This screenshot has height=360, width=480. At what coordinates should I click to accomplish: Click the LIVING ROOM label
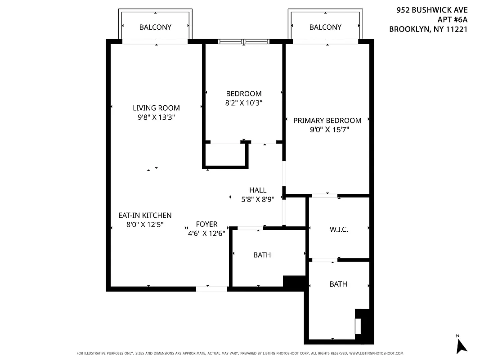point(156,108)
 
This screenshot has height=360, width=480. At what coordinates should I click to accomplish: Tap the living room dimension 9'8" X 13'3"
point(156,117)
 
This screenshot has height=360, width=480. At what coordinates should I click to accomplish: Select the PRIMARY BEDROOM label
point(327,121)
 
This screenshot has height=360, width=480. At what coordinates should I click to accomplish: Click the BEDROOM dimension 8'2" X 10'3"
point(243,103)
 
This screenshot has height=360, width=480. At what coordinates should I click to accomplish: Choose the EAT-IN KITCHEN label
point(145,216)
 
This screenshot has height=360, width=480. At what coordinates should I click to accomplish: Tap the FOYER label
point(206,224)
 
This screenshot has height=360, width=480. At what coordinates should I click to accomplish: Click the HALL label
point(258,190)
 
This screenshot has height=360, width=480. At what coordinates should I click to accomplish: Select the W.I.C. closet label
point(339,229)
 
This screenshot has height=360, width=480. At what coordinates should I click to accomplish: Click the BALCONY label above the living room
point(155,27)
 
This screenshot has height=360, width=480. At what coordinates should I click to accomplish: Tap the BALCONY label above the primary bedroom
point(325,27)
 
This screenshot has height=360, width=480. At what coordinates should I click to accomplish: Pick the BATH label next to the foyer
point(262,255)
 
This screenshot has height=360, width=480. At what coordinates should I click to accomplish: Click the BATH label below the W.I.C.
point(338,284)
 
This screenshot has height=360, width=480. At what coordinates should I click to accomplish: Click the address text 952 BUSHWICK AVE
point(432,9)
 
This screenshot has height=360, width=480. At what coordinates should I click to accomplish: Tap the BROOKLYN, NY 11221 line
point(428,29)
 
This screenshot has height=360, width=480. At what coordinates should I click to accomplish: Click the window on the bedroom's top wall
point(243,41)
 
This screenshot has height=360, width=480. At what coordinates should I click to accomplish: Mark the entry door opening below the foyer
point(211,289)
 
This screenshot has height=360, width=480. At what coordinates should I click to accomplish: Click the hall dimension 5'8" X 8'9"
point(258,199)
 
